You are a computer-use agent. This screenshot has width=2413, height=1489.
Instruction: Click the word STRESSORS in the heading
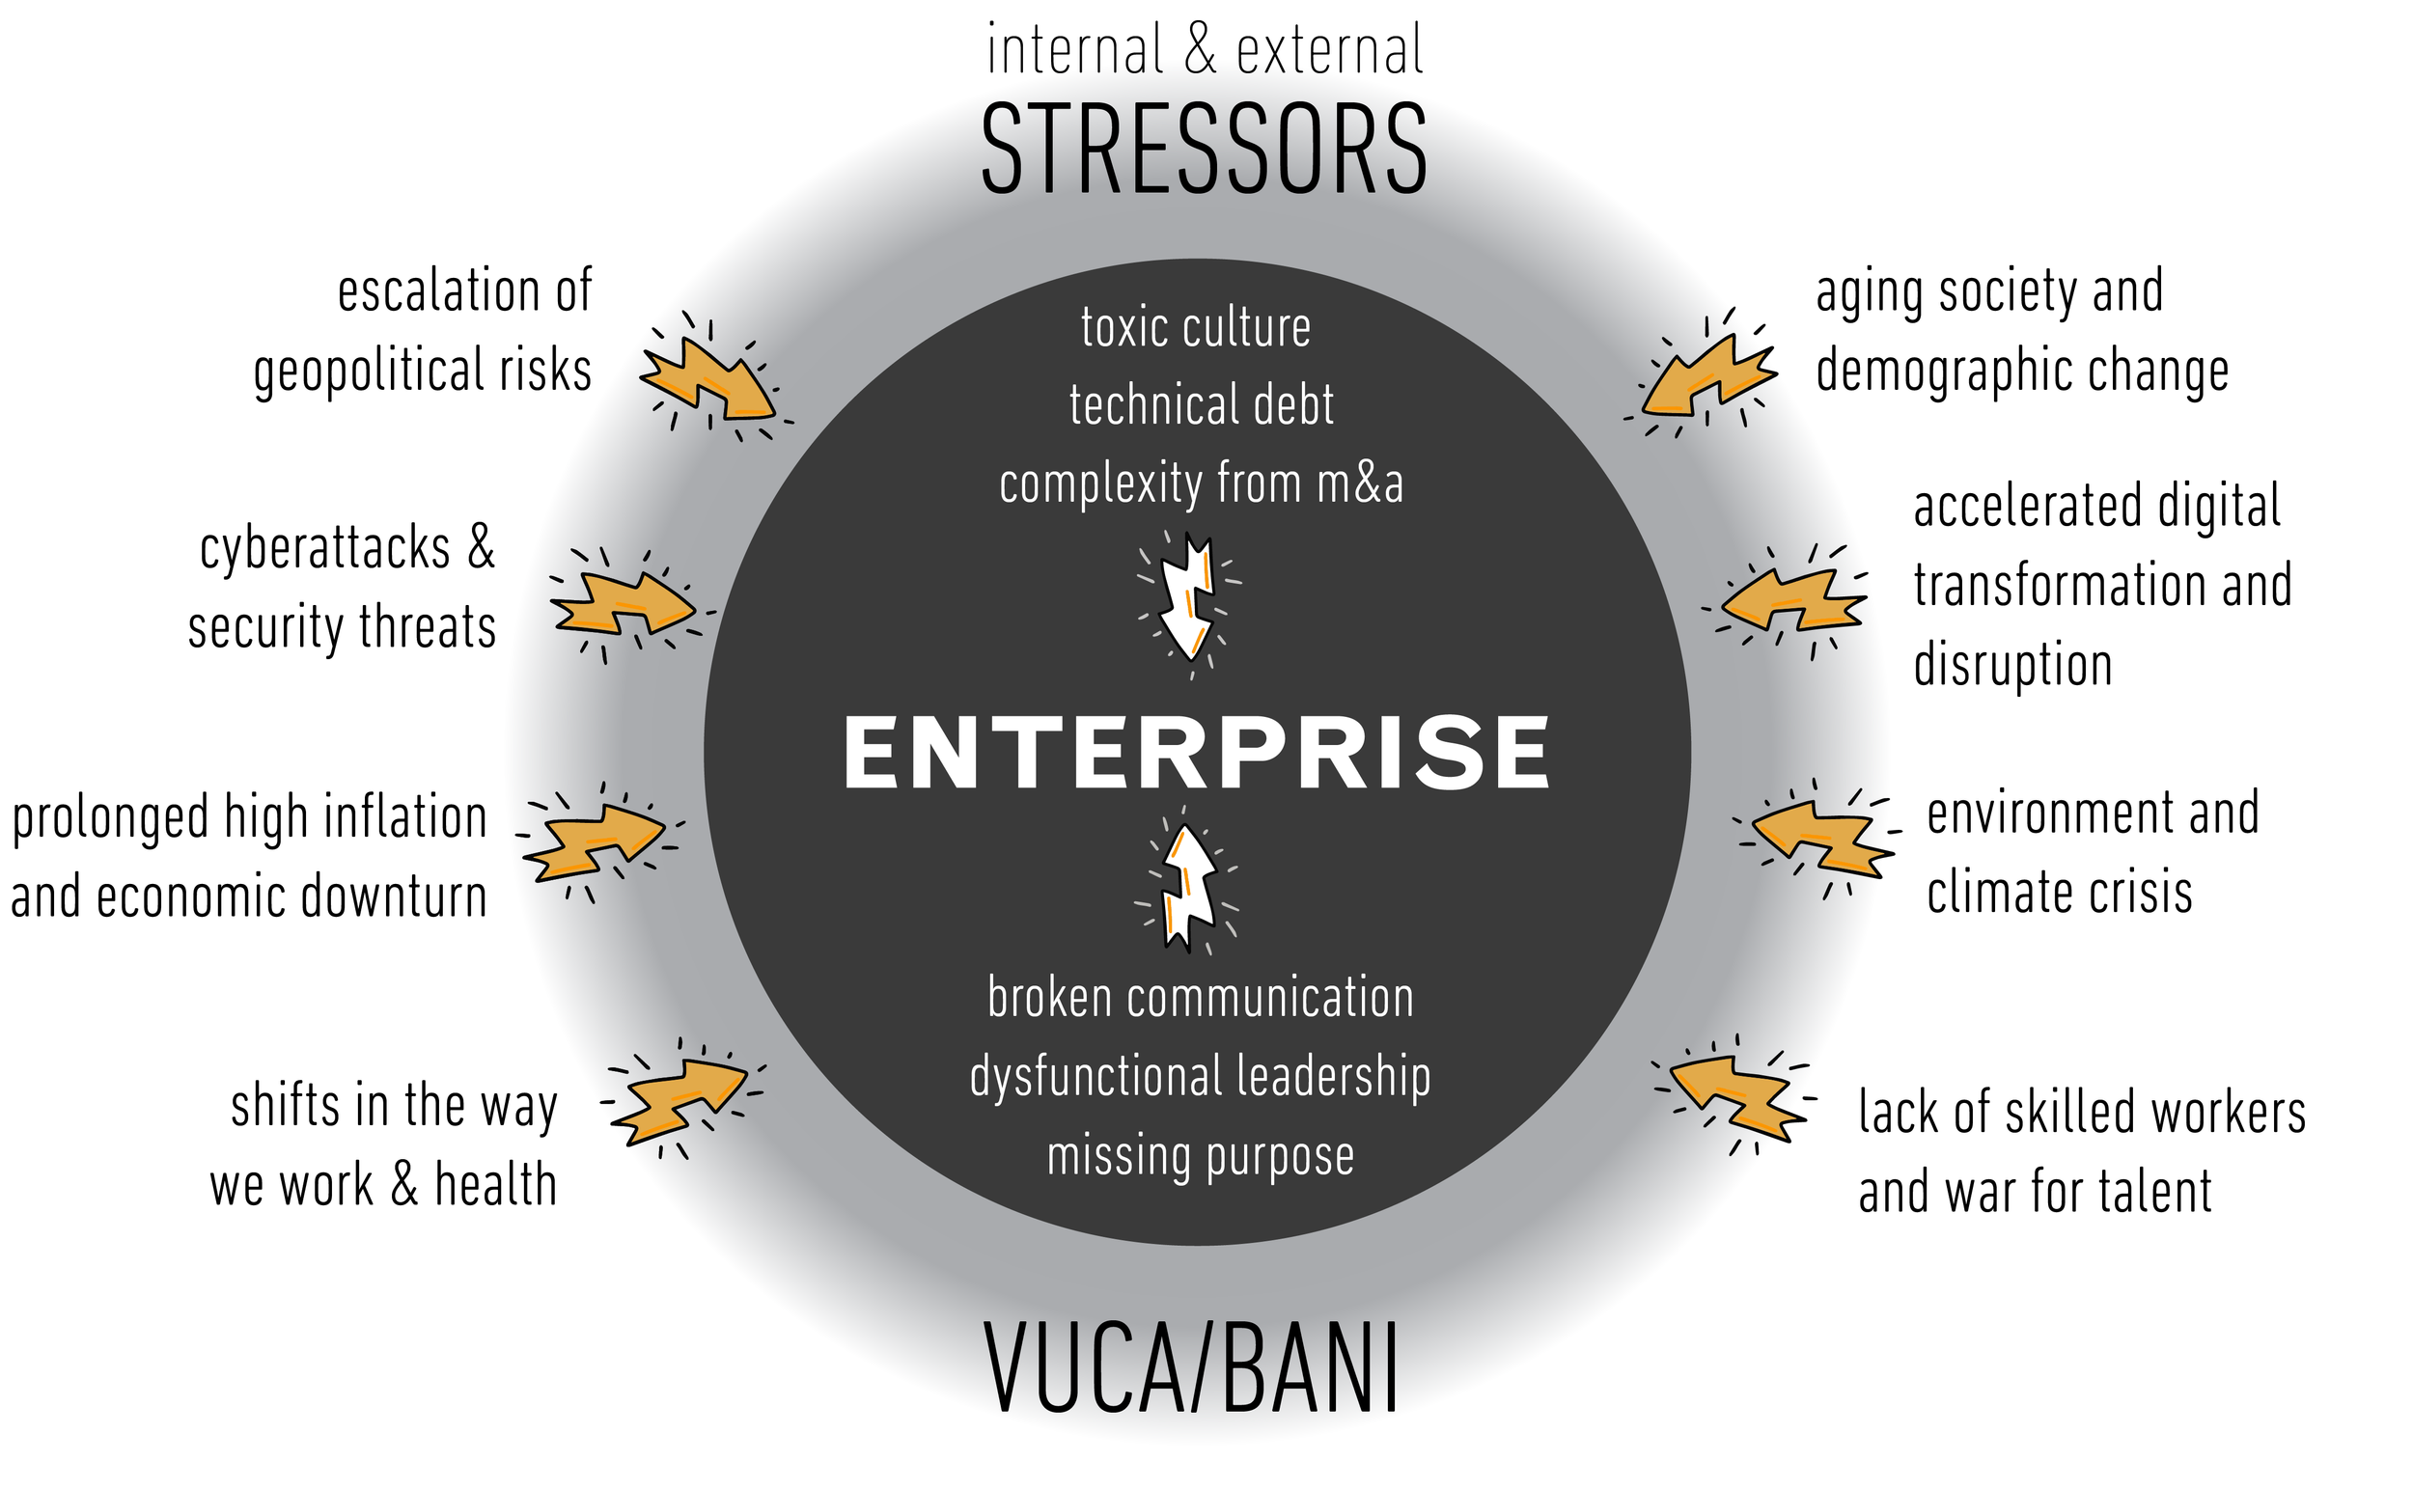pos(1204,150)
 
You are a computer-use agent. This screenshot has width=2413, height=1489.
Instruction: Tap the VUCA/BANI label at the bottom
pos(1192,1368)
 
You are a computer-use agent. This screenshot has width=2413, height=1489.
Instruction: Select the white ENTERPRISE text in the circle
pos(1196,753)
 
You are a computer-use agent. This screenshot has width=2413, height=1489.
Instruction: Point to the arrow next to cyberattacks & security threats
pos(623,603)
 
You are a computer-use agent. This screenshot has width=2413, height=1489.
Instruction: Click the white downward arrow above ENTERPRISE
pos(1189,595)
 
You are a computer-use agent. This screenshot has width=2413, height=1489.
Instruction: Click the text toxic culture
pos(1196,328)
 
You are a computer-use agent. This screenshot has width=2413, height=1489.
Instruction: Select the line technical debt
pos(1202,405)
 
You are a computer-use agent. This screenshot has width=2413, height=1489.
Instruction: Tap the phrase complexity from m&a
pos(1201,483)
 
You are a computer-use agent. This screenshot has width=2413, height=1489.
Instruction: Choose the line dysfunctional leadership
pos(1200,1075)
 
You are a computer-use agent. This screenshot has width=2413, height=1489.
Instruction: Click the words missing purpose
pos(1200,1156)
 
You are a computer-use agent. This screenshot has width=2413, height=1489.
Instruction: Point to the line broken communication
pos(1201,998)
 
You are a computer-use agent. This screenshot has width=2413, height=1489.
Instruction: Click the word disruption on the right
pos(2012,666)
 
